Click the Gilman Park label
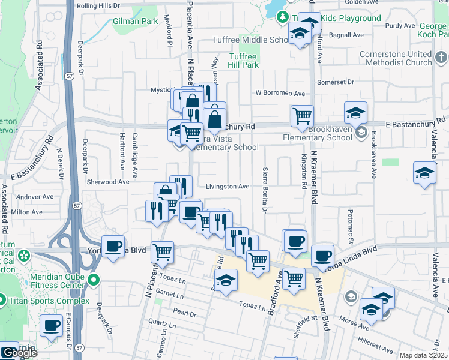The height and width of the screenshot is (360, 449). click(135, 21)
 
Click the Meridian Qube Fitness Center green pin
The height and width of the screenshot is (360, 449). click(94, 280)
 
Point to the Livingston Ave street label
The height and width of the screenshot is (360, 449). click(228, 187)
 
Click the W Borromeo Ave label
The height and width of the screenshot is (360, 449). click(280, 94)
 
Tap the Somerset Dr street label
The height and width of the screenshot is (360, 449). click(339, 82)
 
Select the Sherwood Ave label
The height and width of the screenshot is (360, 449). click(108, 181)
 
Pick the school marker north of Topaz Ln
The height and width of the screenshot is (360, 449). click(226, 280)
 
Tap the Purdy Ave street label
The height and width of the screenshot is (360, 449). click(400, 26)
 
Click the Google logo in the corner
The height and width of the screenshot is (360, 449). click(19, 353)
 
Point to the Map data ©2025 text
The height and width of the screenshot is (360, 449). click(423, 356)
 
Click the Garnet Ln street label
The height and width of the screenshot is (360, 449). click(171, 295)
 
